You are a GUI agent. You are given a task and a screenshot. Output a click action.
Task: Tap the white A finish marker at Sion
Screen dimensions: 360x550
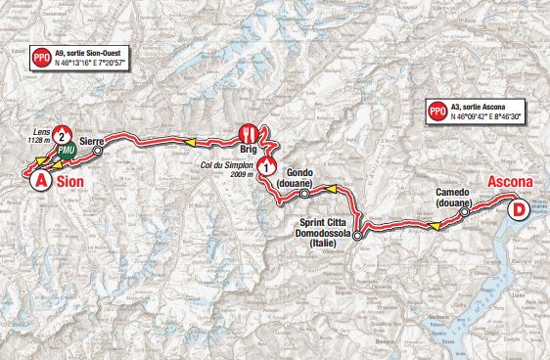tap(40, 181)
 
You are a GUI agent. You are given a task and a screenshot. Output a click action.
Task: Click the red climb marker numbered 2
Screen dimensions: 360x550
tap(62, 136)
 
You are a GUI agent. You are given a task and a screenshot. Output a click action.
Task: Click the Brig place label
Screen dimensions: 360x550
tap(250, 151)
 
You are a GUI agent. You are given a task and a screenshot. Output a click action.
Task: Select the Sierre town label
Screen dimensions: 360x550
tap(93, 141)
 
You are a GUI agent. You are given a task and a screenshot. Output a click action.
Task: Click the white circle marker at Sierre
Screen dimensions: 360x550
tap(97, 153)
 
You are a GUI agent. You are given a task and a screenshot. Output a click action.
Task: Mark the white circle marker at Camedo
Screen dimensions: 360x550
tap(468, 206)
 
